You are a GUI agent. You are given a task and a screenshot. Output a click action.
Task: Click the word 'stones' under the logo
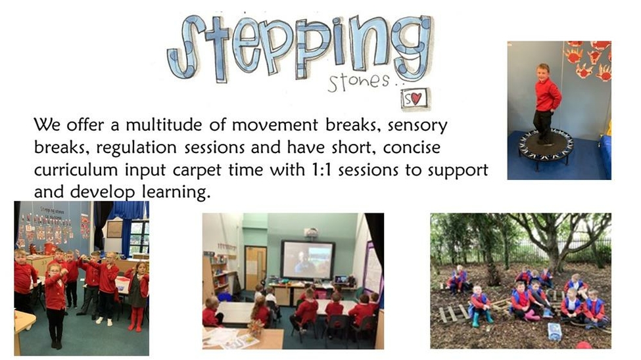358,81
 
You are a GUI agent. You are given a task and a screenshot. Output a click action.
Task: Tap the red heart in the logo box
415,99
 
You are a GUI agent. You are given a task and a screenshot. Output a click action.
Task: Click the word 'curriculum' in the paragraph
76,169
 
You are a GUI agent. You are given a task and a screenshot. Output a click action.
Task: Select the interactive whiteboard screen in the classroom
308,260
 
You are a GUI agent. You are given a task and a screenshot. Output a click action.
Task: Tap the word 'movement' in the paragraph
275,125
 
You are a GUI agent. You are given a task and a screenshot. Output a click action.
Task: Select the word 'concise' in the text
412,148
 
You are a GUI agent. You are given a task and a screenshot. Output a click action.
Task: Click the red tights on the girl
135,319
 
